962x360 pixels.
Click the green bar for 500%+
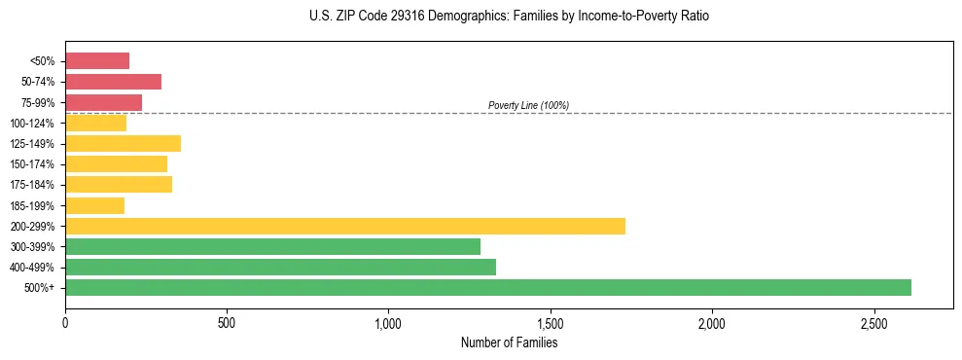coord(487,287)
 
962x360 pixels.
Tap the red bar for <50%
coord(97,61)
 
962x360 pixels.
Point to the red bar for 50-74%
coord(113,82)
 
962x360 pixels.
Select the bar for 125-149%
coord(123,143)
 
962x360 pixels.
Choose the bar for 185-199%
coord(94,205)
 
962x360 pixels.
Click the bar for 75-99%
coord(103,102)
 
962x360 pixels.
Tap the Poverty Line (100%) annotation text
coord(528,105)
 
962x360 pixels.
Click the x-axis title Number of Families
coord(509,342)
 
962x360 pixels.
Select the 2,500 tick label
coord(873,322)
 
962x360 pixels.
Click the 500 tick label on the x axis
coord(227,322)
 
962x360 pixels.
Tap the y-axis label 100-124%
coord(32,124)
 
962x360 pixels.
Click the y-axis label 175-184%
coord(32,185)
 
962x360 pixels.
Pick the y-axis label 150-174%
coord(32,164)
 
